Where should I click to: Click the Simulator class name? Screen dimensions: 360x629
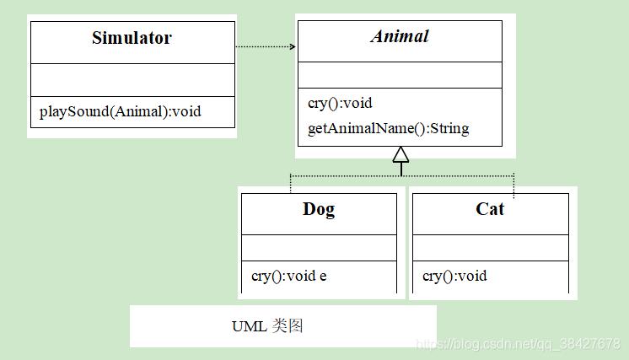[x=132, y=38]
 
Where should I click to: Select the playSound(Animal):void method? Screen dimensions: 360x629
[x=121, y=110]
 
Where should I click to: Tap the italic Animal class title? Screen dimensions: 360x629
[x=400, y=36]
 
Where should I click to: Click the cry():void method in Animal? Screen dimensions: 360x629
[x=341, y=103]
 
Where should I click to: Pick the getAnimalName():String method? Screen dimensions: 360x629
[x=389, y=128]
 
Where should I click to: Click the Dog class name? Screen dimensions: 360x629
[x=319, y=209]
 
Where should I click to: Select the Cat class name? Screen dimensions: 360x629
[x=490, y=209]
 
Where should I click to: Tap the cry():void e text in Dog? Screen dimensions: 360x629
[x=289, y=276]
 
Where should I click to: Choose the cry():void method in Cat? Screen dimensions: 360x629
[x=454, y=276]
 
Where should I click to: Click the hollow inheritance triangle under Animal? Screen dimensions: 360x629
[x=401, y=153]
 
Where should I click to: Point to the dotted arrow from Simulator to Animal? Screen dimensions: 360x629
[x=266, y=47]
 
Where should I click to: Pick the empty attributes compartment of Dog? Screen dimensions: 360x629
[x=319, y=247]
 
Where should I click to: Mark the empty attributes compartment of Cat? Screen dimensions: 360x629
[x=490, y=247]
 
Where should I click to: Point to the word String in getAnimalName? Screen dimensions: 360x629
[x=448, y=128]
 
